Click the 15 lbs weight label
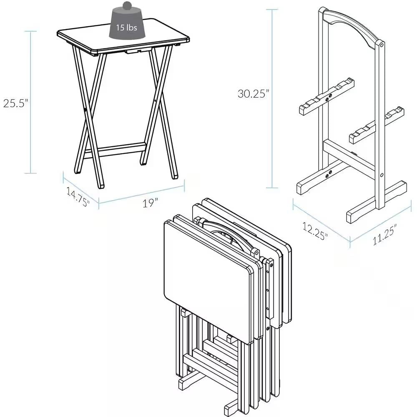pos(127,28)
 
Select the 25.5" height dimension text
pos(15,103)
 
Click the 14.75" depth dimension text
pos(78,197)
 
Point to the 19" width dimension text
pos(150,203)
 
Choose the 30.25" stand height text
pos(252,94)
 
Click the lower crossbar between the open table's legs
pos(114,150)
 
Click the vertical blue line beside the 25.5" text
pos(30,102)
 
